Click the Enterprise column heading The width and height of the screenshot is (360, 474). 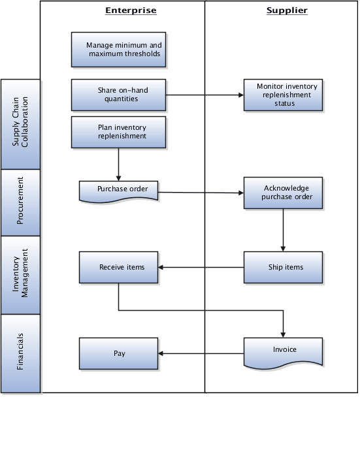tap(131, 10)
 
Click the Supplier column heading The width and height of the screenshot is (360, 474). tap(287, 10)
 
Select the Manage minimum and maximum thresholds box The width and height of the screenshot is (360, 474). tap(118, 50)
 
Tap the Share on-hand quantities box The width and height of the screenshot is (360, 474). tap(118, 95)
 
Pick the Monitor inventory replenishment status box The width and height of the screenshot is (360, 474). tap(283, 95)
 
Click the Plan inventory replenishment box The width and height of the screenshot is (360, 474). tap(118, 132)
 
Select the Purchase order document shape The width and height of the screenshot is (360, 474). tap(118, 190)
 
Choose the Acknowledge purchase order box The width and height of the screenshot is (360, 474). tap(283, 192)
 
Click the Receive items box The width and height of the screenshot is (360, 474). tap(118, 267)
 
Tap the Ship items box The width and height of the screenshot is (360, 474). tap(283, 267)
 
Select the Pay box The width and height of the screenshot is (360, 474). tap(118, 353)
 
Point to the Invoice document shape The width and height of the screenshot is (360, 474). tap(283, 351)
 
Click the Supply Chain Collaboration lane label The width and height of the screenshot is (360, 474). tap(20, 124)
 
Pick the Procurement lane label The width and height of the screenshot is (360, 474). tap(20, 202)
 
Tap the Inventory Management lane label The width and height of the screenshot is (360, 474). tap(20, 274)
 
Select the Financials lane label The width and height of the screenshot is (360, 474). tap(20, 353)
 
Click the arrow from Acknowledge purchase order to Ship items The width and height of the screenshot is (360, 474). tap(283, 230)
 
